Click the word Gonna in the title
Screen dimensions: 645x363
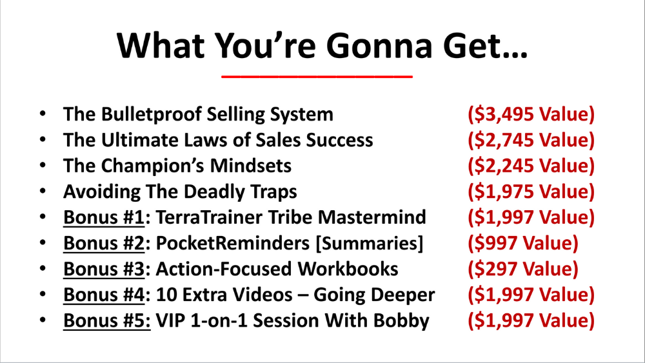click(x=379, y=45)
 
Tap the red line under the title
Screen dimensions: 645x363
click(x=317, y=76)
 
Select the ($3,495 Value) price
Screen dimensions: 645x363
click(x=531, y=114)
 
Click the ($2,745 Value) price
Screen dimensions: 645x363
click(x=531, y=140)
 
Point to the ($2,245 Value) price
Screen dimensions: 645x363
click(x=531, y=166)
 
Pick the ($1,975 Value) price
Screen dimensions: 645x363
click(x=531, y=191)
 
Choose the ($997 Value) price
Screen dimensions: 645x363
click(x=523, y=243)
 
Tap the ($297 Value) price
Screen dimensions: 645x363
click(x=523, y=270)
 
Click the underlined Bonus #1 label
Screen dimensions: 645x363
click(x=104, y=217)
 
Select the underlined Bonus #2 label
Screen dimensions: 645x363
click(x=104, y=243)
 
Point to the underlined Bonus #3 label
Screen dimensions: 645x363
click(x=104, y=270)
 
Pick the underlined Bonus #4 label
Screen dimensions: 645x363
click(x=104, y=295)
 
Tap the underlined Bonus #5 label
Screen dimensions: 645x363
click(x=107, y=320)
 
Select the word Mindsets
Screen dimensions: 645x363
click(x=250, y=166)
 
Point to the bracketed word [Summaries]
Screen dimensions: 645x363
click(x=369, y=243)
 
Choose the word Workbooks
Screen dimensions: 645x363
click(x=348, y=269)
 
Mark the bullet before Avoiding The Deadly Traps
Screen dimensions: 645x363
click(x=43, y=191)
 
